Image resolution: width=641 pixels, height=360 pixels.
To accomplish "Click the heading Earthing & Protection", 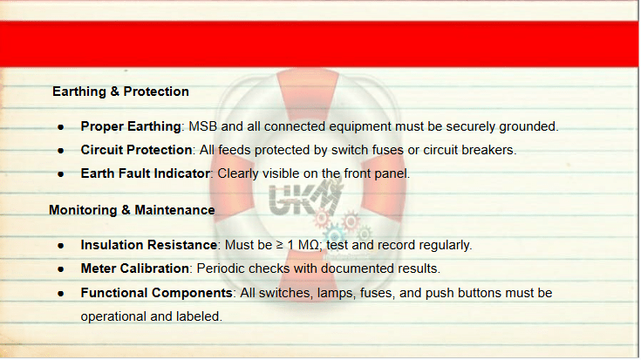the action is (120, 92).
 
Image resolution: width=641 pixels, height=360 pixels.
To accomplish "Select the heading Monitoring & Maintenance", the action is (132, 210).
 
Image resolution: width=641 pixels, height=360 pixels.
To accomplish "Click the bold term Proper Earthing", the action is (131, 126).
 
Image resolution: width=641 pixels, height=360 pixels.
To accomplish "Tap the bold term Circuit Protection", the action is (136, 150).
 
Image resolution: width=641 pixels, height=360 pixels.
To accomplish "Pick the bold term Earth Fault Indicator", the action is (145, 173).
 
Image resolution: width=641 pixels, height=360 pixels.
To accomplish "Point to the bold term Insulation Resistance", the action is (149, 245).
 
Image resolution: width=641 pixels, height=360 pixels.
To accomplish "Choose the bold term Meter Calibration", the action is (135, 268).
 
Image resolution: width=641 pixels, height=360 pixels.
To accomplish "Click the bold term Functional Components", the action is (157, 293).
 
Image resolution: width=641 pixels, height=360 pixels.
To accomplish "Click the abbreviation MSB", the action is (202, 126).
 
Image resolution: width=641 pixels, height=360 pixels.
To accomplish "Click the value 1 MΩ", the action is (303, 245).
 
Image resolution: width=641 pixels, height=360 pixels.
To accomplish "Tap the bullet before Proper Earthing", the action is (61, 127).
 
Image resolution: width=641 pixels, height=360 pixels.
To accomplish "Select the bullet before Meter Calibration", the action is (61, 269).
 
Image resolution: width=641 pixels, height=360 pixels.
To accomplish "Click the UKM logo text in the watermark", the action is (304, 198).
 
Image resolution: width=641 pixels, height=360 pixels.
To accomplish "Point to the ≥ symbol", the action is (280, 245).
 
